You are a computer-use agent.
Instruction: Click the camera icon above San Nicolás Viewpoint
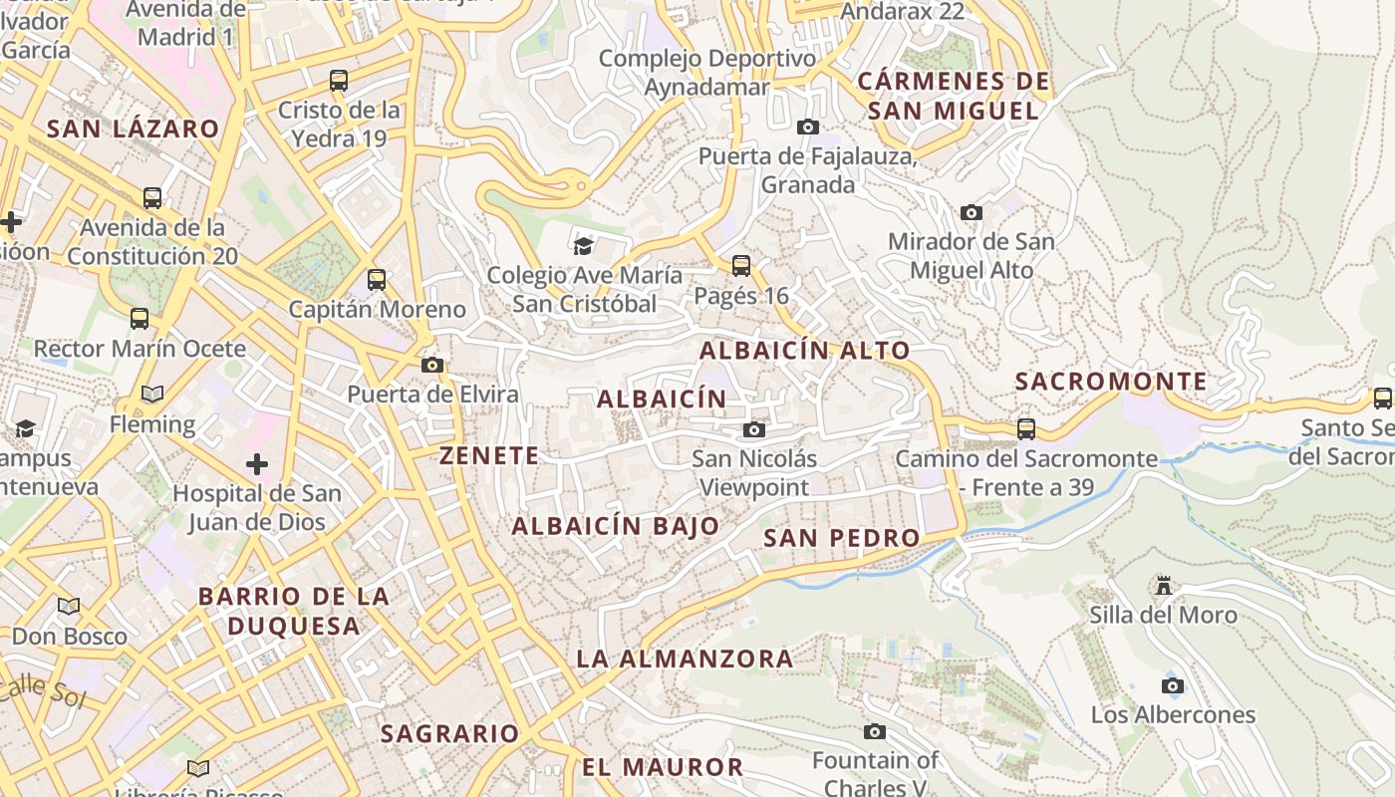[754, 429]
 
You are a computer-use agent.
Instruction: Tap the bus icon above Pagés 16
[740, 266]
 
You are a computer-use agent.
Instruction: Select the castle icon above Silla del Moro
[1163, 586]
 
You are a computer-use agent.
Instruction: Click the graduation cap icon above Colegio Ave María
[583, 245]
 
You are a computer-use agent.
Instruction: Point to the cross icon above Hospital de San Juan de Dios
[257, 464]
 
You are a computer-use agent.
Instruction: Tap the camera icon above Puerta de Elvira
[432, 366]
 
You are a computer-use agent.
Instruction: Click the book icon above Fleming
[152, 395]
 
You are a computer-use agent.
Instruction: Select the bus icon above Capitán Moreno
[376, 280]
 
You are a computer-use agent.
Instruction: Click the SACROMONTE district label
[1110, 382]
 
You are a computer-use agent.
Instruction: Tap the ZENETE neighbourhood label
[489, 456]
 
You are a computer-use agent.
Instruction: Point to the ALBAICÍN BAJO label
[615, 526]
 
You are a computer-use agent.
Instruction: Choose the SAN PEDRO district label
[841, 538]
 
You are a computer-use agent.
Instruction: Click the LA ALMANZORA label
[685, 659]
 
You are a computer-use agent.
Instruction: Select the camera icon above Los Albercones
[1173, 685]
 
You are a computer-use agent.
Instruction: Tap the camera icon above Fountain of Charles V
[874, 732]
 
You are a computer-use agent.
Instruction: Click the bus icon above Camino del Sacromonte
[1026, 429]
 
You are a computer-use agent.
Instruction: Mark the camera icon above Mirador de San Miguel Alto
[971, 212]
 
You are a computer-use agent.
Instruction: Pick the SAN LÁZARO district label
[133, 129]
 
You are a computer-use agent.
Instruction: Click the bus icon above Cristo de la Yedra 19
[339, 81]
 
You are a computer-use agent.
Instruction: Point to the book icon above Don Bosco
[69, 606]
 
